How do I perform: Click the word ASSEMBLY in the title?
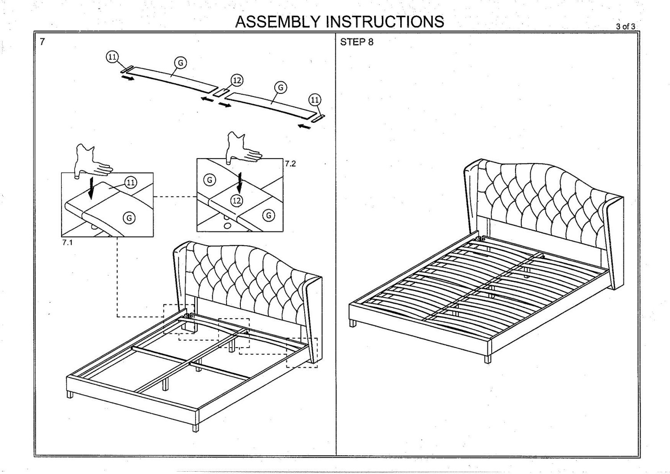click(278, 21)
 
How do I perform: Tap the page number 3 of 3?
click(625, 26)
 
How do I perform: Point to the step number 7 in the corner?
click(42, 42)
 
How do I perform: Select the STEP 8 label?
click(356, 42)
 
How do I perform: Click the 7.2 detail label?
click(290, 164)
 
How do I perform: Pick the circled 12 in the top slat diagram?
click(237, 80)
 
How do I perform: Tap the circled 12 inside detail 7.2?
click(236, 201)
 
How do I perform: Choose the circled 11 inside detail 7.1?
click(130, 182)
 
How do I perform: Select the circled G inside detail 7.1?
click(129, 218)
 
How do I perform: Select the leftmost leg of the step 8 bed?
click(353, 322)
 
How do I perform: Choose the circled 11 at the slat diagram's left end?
click(112, 57)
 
